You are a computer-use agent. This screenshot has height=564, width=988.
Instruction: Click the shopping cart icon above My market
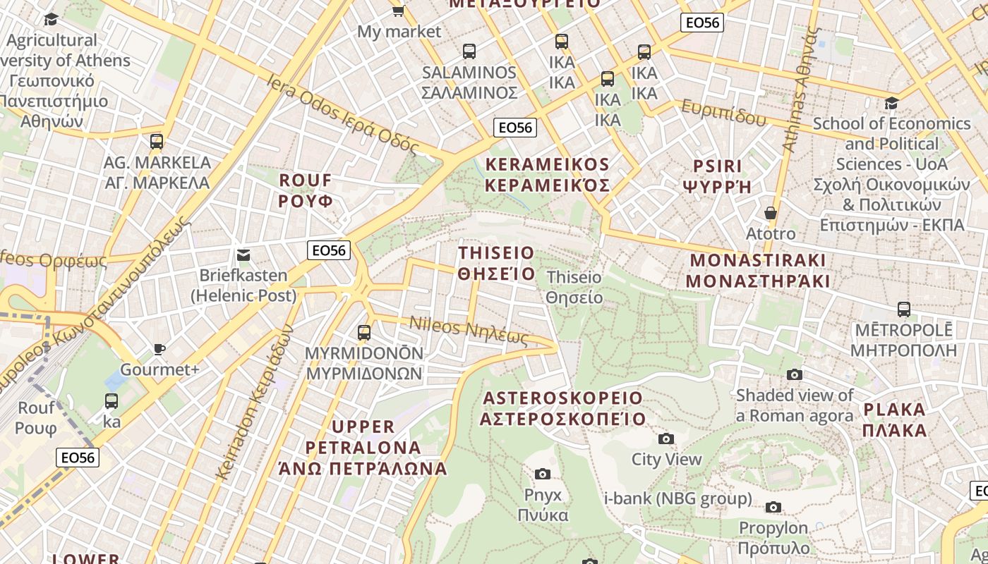(x=398, y=10)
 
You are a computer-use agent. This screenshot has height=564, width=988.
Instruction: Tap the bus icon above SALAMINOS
(x=469, y=51)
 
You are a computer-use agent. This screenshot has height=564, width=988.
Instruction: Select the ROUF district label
(x=305, y=190)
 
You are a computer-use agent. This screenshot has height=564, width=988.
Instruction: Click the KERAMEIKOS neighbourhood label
(x=548, y=175)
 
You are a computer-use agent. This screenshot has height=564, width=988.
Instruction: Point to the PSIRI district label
(x=717, y=176)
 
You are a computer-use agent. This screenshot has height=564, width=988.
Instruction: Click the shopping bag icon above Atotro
(x=770, y=212)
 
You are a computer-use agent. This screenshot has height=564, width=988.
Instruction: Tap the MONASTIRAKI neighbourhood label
(x=758, y=270)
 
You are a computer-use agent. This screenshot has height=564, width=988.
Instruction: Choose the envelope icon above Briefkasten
(x=243, y=255)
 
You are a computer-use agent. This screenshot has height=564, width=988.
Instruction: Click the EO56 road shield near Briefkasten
(x=329, y=250)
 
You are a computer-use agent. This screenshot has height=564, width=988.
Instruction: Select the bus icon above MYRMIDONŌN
(x=364, y=332)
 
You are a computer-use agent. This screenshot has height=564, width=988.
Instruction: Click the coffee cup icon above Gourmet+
(x=159, y=349)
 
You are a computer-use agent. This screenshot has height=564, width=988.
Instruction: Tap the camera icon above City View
(x=665, y=439)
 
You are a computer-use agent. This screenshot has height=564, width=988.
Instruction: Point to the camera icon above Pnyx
(x=542, y=474)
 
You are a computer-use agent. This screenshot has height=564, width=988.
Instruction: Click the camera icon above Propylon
(x=773, y=507)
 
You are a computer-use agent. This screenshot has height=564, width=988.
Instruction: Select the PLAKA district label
(x=894, y=419)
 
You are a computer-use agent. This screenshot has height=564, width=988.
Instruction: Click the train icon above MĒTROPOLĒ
(x=903, y=309)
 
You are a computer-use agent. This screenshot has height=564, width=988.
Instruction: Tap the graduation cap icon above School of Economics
(x=891, y=104)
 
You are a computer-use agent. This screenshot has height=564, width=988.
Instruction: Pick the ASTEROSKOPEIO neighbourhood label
(x=562, y=408)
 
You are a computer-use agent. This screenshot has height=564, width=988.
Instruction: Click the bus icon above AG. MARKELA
(x=157, y=141)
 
